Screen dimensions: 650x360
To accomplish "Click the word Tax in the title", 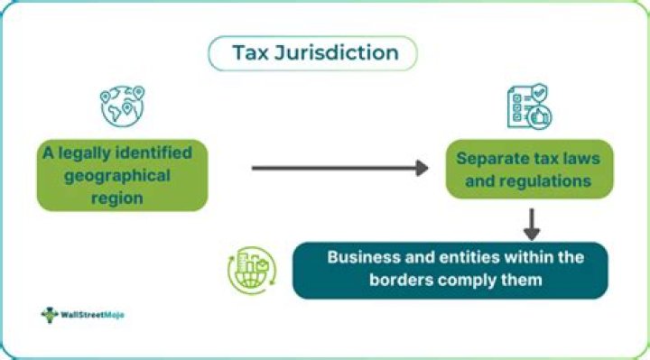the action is coord(250,52).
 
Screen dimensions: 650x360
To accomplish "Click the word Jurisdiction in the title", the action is coord(337,52).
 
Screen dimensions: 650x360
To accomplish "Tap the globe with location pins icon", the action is coord(122,106).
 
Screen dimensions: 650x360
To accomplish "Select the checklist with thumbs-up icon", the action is coord(529,106).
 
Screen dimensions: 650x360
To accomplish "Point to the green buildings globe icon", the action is coord(252,270).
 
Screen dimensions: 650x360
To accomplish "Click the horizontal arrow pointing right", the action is coord(340,168).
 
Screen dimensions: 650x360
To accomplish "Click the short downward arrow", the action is coord(532,224).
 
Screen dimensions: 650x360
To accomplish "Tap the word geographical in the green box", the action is coord(117,176).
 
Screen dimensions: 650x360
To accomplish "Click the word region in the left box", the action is coord(116,198).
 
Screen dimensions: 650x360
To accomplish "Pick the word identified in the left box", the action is coord(153,152).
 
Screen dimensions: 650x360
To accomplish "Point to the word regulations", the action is coord(545,181).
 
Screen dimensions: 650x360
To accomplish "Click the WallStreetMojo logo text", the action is coord(92,315).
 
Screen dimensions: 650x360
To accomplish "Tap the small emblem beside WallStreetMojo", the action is coord(50,315).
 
